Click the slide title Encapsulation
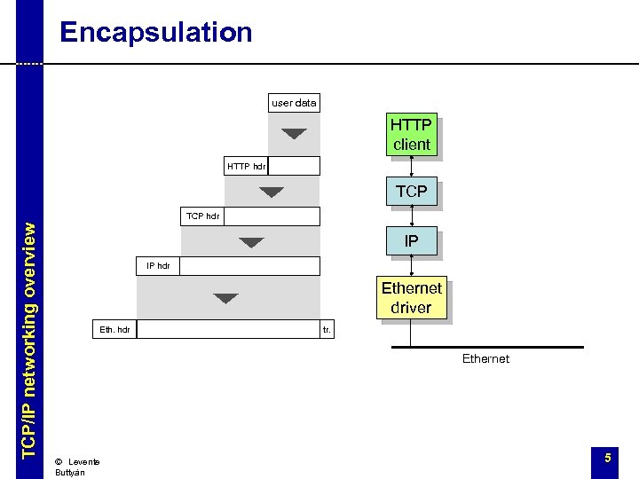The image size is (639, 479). pos(155,33)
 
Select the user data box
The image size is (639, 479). pos(294,103)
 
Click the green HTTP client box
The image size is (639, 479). pos(411,135)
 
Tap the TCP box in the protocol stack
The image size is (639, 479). pos(411,191)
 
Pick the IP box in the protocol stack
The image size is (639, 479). pos(411,241)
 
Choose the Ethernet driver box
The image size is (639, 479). pos(411,298)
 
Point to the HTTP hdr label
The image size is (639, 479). pos(246,166)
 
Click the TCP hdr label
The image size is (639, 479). pos(203,216)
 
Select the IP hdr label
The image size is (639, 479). pos(158,266)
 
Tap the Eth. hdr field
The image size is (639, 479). pos(114,330)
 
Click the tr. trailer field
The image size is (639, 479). pos(327,330)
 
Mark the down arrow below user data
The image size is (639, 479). pos(294,134)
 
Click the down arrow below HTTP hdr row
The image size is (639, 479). pos(272,192)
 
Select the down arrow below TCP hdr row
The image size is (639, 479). pos(252,242)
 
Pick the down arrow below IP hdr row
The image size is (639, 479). pos(226,298)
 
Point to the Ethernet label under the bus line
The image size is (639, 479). pos(485,359)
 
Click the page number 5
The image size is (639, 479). pos(608,458)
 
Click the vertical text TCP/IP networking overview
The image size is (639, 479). pos(29,339)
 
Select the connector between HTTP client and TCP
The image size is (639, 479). pos(412,168)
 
